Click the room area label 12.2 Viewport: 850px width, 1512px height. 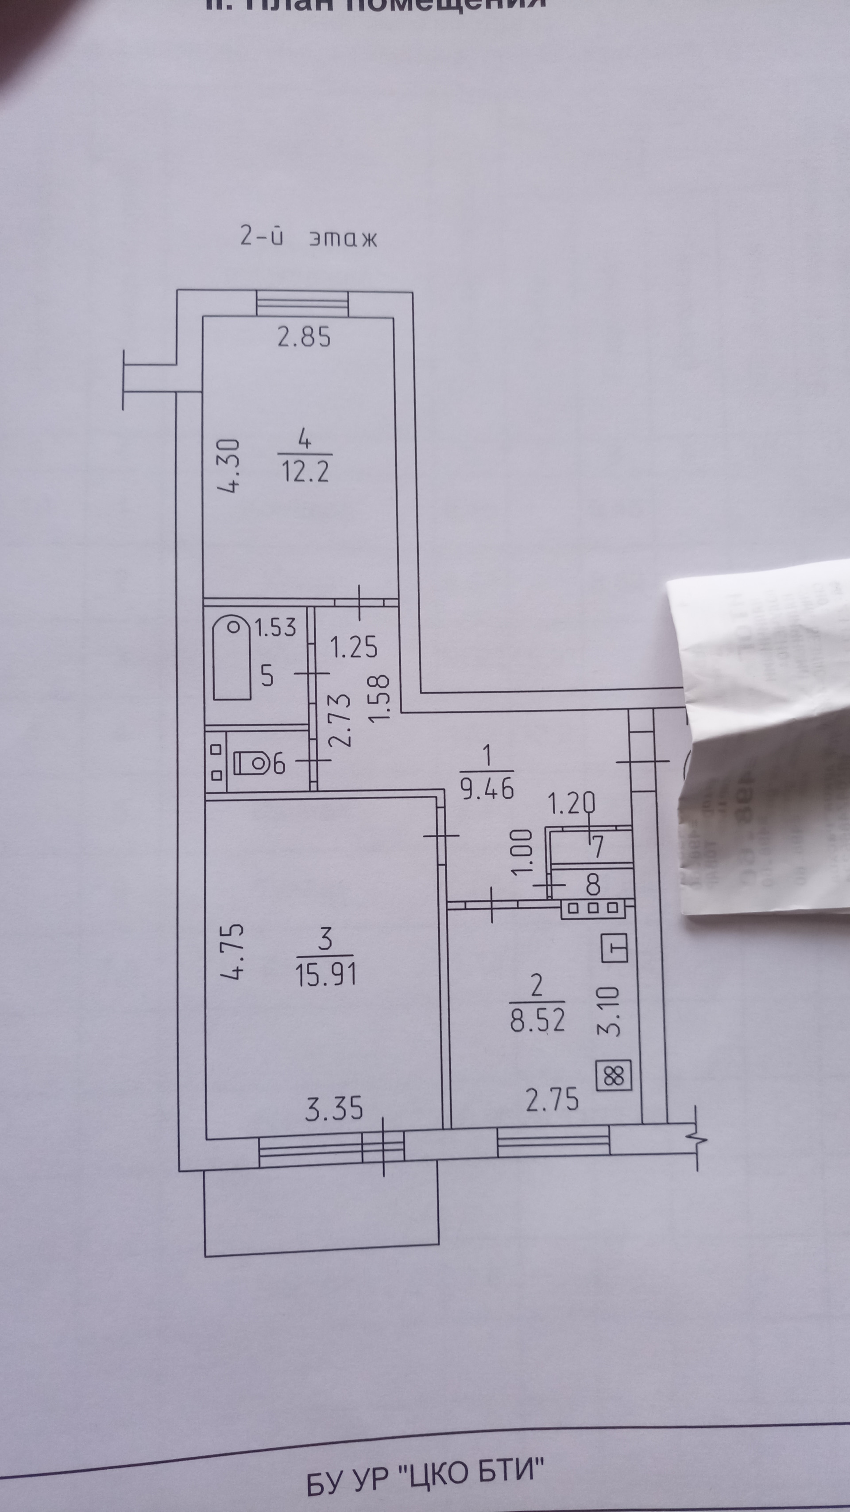[305, 471]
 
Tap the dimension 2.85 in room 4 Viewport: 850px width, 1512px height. [304, 338]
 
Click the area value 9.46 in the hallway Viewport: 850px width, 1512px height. [487, 789]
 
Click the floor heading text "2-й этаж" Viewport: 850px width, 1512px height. [309, 237]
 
